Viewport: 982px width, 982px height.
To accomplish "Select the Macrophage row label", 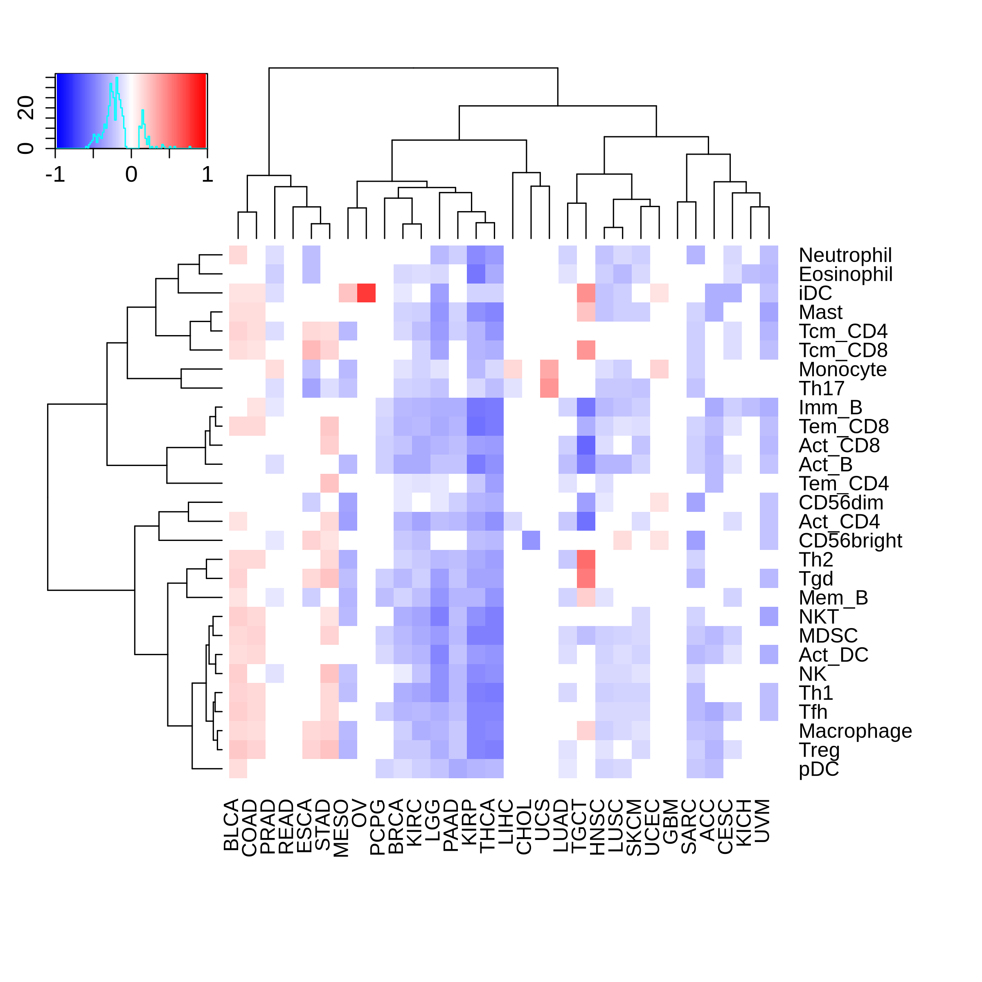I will tap(855, 731).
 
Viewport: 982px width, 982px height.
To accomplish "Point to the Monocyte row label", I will tap(842, 369).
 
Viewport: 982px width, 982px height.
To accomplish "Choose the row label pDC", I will tap(818, 769).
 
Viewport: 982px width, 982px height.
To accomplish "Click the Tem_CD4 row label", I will tap(843, 483).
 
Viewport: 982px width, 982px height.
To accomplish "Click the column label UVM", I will tap(762, 821).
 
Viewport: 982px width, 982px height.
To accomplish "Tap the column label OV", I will tap(359, 814).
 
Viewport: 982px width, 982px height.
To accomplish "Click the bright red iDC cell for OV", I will tap(366, 293).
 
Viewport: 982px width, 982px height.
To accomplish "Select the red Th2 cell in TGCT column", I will tap(586, 560).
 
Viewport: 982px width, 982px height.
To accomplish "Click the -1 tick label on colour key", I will tap(55, 175).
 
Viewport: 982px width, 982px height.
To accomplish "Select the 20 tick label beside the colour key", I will tap(26, 108).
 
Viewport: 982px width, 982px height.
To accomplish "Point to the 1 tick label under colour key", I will tap(207, 175).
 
